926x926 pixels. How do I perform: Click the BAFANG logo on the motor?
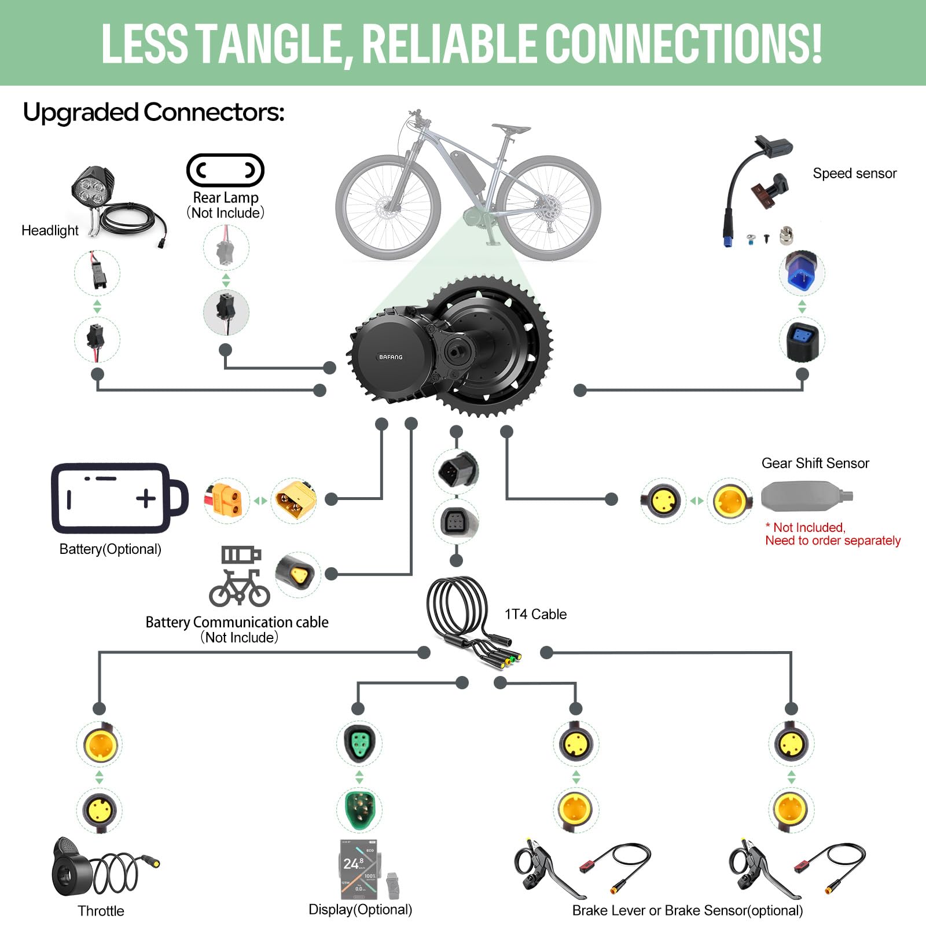click(x=391, y=357)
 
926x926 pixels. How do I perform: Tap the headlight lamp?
click(x=93, y=186)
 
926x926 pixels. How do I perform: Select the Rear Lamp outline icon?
click(x=225, y=170)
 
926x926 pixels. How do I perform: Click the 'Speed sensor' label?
click(x=854, y=173)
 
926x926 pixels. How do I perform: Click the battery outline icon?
click(x=119, y=498)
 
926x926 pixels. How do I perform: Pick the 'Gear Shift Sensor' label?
click(x=815, y=463)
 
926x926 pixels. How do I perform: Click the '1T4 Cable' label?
click(x=535, y=614)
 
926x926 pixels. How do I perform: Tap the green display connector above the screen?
click(x=359, y=809)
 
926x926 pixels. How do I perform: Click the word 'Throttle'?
click(x=101, y=911)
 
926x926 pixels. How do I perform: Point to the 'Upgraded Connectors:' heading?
click(x=153, y=112)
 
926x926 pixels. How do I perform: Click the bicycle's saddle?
click(x=510, y=128)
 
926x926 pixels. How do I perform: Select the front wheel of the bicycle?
click(x=388, y=207)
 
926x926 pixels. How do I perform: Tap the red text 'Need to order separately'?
click(x=833, y=541)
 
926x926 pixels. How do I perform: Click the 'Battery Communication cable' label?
click(x=237, y=622)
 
